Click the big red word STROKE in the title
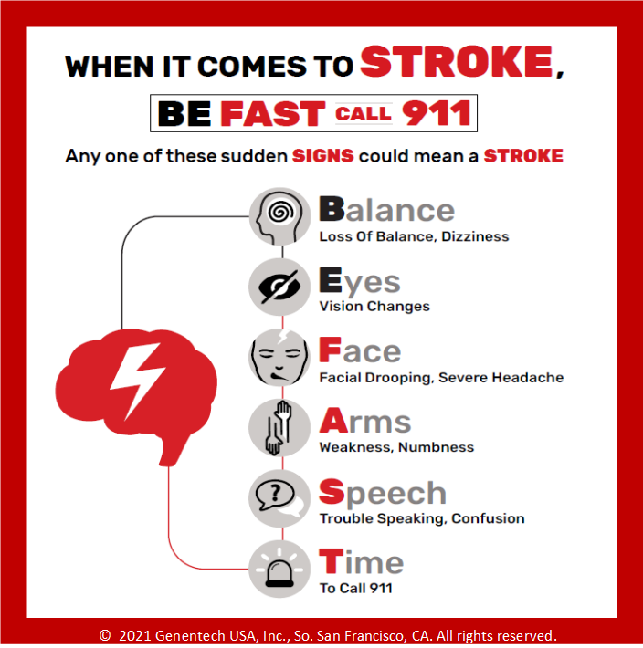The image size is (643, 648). pyautogui.click(x=457, y=61)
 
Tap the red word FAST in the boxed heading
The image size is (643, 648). pyautogui.click(x=273, y=114)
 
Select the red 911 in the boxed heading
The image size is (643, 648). pyautogui.click(x=437, y=113)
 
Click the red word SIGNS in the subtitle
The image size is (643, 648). pyautogui.click(x=323, y=156)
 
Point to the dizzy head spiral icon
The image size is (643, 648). pyautogui.click(x=280, y=216)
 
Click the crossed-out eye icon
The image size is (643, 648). pyautogui.click(x=280, y=287)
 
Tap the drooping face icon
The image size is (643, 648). pyautogui.click(x=280, y=358)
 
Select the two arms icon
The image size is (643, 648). pyautogui.click(x=280, y=428)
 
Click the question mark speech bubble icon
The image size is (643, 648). pyautogui.click(x=280, y=498)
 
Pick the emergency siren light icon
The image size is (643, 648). pyautogui.click(x=280, y=570)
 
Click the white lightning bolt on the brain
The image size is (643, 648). pyautogui.click(x=138, y=381)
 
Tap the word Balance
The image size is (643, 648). pyautogui.click(x=386, y=210)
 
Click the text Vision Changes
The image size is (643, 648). pyautogui.click(x=374, y=307)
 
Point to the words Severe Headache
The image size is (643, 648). pyautogui.click(x=501, y=377)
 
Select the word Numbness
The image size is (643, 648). pyautogui.click(x=437, y=447)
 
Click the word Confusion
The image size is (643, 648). pyautogui.click(x=488, y=518)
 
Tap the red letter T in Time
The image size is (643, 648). pyautogui.click(x=332, y=560)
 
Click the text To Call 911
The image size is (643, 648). pyautogui.click(x=356, y=588)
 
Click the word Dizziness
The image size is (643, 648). pyautogui.click(x=475, y=236)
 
